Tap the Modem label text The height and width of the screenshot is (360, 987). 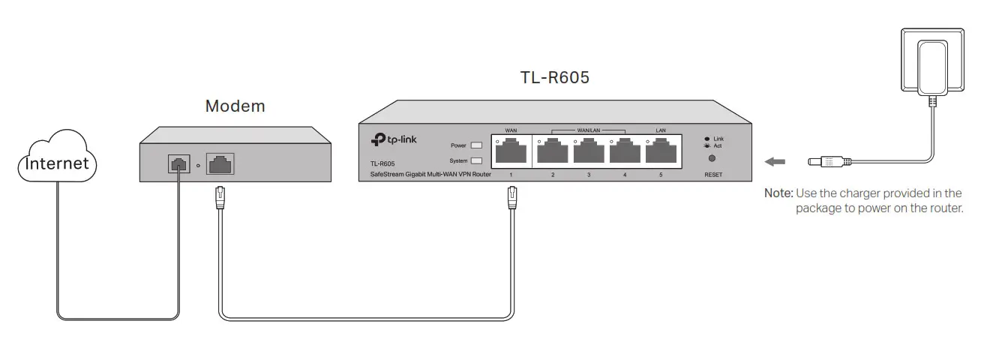click(x=235, y=106)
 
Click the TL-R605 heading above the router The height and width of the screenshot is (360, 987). click(x=555, y=77)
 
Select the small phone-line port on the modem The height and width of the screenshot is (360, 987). click(x=178, y=163)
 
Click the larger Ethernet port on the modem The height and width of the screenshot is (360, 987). click(x=219, y=163)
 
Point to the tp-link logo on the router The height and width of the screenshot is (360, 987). click(x=397, y=140)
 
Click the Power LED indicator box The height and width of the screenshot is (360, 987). click(x=475, y=145)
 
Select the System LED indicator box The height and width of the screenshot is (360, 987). click(x=475, y=160)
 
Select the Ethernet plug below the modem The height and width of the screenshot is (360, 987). click(x=220, y=199)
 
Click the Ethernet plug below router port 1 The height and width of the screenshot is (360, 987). click(x=512, y=199)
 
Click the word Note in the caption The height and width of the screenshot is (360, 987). click(x=777, y=193)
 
